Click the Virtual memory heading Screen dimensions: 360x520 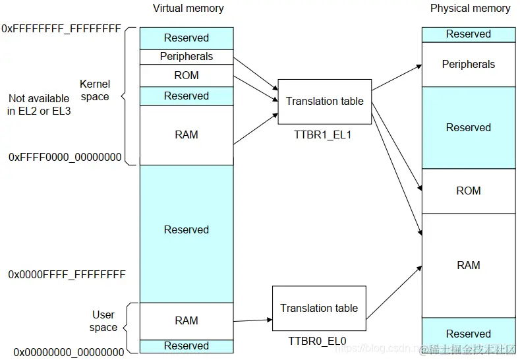tap(188, 9)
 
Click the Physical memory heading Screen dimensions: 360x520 tap(470, 9)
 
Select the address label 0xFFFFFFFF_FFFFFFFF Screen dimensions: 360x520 tap(61, 29)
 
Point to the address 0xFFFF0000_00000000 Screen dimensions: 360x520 tap(65, 157)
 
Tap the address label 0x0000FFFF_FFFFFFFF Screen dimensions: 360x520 tap(67, 274)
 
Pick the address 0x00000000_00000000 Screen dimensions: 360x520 tap(69, 352)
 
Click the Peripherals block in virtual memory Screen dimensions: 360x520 tap(187, 57)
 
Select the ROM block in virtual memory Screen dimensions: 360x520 tap(187, 75)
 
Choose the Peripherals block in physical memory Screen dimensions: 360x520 tap(468, 64)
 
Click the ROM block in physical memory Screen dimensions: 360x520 tap(468, 191)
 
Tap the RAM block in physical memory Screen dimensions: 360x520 tap(468, 265)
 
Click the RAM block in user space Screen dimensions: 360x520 tap(187, 320)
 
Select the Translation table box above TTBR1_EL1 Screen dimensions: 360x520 tap(324, 101)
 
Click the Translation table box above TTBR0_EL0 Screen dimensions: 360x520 tap(318, 308)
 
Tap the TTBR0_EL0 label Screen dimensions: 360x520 tap(317, 341)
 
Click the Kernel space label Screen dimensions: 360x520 tap(94, 90)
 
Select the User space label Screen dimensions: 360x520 tap(103, 321)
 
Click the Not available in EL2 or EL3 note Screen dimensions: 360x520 tap(39, 105)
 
